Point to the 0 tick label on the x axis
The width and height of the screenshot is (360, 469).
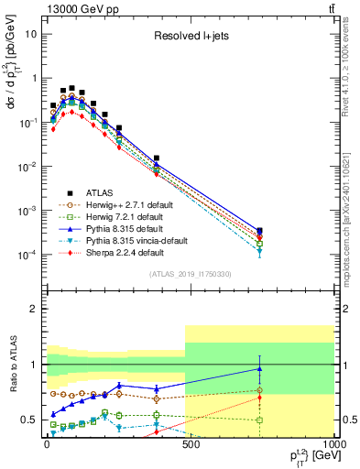[x=46, y=443]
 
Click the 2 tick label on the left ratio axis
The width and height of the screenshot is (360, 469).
[x=33, y=309]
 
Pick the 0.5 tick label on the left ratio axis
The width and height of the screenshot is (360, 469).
[x=28, y=420]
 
